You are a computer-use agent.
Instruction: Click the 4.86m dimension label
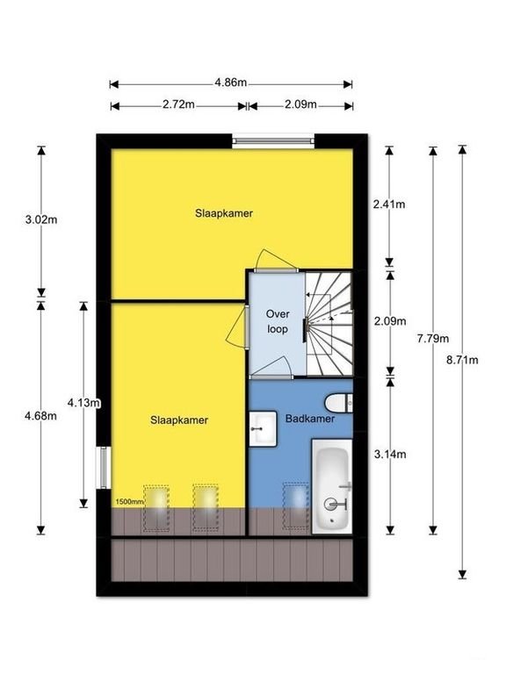tap(231, 82)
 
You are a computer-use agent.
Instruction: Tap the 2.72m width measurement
tap(178, 104)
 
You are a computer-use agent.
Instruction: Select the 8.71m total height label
tap(462, 360)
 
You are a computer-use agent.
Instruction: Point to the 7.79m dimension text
tap(433, 339)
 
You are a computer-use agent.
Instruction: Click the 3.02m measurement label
tap(41, 220)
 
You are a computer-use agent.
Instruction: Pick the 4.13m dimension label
tap(84, 403)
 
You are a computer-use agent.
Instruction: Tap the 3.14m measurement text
tap(390, 454)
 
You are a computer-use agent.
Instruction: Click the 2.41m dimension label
tap(389, 204)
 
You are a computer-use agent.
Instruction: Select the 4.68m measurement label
tap(41, 416)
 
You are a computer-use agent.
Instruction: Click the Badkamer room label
tap(310, 419)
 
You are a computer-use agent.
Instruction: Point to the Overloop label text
tap(278, 321)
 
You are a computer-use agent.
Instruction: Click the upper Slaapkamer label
tap(224, 213)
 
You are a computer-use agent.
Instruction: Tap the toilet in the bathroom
tap(339, 403)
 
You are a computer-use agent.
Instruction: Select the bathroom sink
tap(263, 428)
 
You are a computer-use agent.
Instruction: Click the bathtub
tap(332, 486)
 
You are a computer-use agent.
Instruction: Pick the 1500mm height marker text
tap(129, 502)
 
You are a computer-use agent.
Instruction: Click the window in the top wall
tap(273, 140)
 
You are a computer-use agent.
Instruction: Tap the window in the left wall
tap(104, 467)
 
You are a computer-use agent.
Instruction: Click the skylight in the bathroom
tap(296, 505)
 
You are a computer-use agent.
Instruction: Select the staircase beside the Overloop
tap(329, 323)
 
